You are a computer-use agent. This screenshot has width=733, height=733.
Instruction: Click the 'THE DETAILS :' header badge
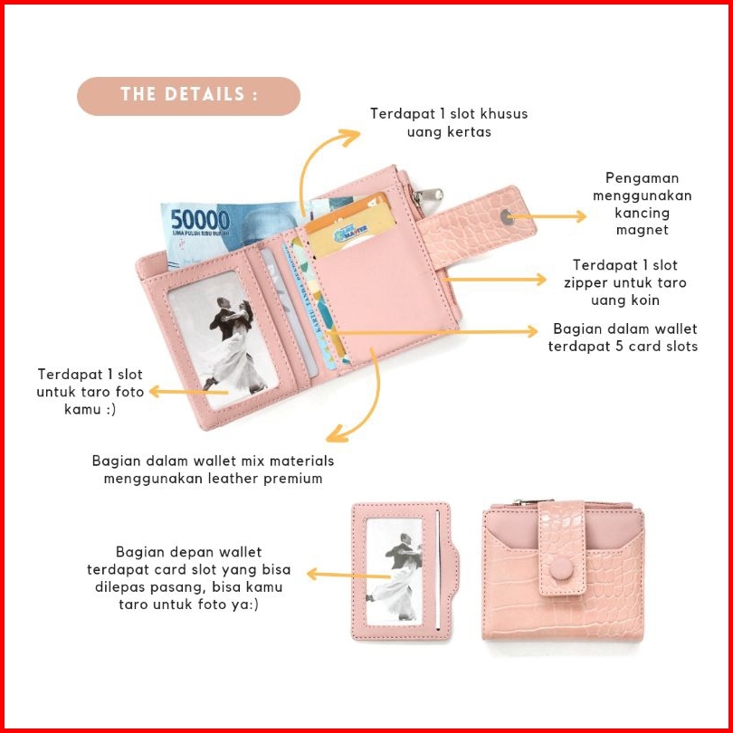pos(188,95)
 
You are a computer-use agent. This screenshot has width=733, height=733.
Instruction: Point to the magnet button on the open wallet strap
pos(507,216)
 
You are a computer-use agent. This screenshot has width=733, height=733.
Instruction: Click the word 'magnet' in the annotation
pos(642,230)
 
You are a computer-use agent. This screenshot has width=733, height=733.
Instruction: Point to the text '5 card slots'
pos(657,347)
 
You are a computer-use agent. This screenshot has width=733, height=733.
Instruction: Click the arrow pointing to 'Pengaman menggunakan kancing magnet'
pos(550,216)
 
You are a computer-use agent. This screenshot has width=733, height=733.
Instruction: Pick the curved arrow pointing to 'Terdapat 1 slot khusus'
pos(317,163)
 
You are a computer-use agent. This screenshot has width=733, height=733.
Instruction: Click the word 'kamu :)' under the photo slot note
pos(90,409)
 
